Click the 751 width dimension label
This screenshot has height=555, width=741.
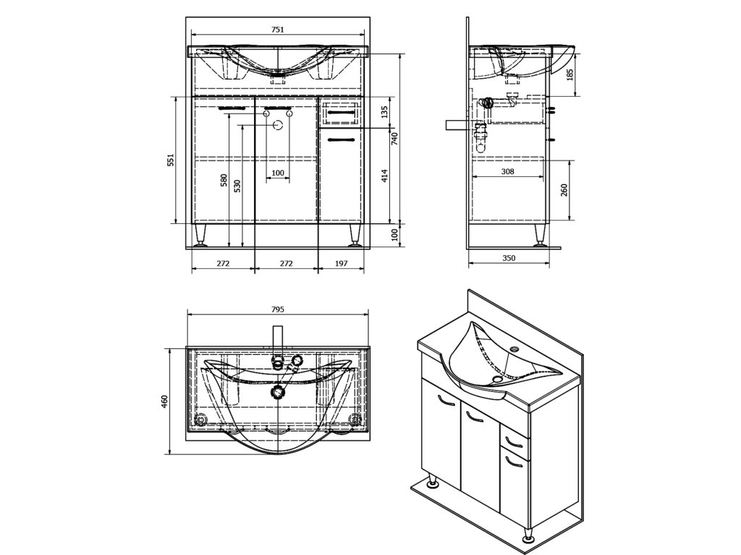coord(277,30)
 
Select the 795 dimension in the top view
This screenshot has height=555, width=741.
coord(277,309)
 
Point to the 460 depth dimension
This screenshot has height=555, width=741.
coord(164,401)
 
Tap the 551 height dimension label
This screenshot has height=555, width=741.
coord(171,160)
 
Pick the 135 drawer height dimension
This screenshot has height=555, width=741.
coord(385,112)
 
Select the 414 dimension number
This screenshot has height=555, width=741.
coord(385,176)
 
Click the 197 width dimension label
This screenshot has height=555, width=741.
coord(342,264)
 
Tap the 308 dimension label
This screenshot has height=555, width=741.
coord(507,171)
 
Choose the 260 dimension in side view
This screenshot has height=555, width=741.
coord(564,190)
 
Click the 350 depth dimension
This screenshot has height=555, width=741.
coord(509,258)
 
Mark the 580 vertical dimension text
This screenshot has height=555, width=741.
coord(224,180)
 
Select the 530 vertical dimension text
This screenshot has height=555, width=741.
coord(237,184)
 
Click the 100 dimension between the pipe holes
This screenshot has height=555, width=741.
coord(277,173)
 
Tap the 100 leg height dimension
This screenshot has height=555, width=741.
coord(395,236)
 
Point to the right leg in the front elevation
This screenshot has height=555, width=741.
coord(355,236)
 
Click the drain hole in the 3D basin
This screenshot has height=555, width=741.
coord(497,378)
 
